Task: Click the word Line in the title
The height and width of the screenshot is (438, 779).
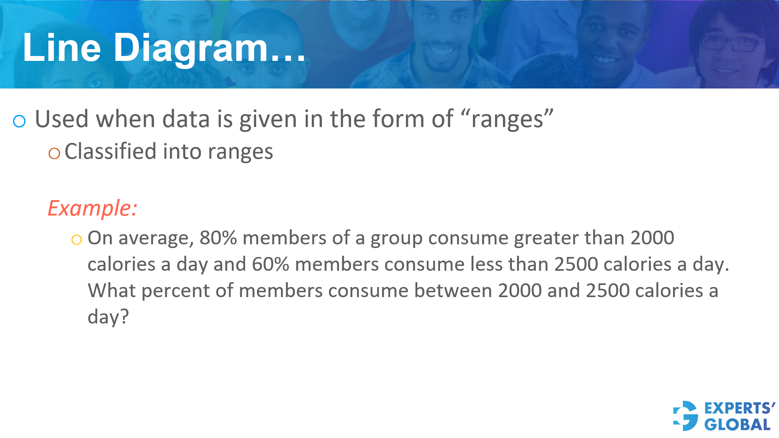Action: [62, 47]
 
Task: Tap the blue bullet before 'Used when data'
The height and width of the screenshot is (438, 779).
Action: [19, 121]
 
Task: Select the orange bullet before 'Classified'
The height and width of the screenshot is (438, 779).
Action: [54, 153]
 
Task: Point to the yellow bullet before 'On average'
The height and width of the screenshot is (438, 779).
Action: [76, 239]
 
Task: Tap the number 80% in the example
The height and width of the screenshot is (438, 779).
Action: [218, 237]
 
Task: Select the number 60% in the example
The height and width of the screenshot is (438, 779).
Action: [270, 264]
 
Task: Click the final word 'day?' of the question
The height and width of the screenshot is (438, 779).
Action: [108, 317]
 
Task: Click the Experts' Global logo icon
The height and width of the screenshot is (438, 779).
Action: [686, 416]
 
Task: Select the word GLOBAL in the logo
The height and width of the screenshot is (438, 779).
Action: [737, 425]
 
